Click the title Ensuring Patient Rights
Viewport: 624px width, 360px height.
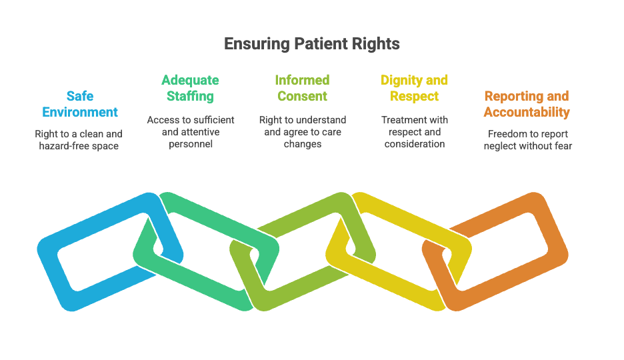311,44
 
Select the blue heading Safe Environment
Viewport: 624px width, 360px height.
79,104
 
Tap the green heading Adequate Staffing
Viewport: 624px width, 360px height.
190,88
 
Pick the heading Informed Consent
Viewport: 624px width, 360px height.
302,88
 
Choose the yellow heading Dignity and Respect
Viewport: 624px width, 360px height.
414,88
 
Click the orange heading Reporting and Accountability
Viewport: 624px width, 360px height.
527,104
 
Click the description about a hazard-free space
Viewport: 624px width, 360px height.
79,139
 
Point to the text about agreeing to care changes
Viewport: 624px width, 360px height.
302,131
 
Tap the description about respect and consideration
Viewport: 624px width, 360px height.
414,131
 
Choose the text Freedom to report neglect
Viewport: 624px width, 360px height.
527,139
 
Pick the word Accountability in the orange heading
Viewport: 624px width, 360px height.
527,112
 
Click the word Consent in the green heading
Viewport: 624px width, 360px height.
302,96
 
